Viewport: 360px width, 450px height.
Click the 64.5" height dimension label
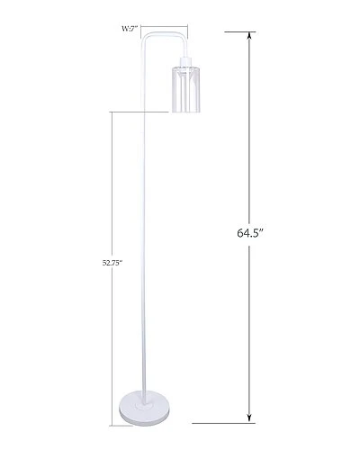click(250, 233)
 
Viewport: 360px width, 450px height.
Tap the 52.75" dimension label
click(112, 263)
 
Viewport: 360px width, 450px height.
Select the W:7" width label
click(130, 29)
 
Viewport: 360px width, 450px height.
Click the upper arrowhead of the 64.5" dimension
click(249, 36)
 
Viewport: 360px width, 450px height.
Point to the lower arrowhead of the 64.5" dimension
click(249, 418)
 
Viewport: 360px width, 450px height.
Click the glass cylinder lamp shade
click(186, 89)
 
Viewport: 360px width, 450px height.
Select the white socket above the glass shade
click(186, 61)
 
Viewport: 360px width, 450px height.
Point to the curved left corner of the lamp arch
click(145, 37)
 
